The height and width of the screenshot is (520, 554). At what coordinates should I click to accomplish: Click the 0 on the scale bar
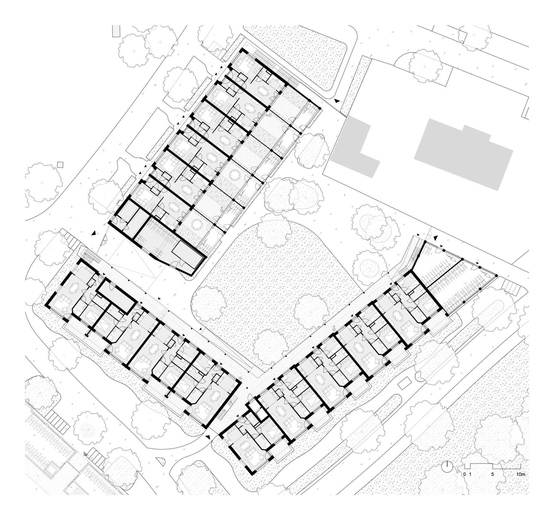465,474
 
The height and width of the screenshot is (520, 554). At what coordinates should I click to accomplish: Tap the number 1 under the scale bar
470,474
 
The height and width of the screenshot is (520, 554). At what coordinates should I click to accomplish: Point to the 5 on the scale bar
493,474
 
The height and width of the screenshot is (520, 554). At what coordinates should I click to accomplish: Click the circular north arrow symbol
447,466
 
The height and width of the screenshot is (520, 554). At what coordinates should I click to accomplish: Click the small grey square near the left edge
60,164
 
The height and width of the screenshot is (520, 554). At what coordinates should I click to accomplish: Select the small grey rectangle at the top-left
116,31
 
